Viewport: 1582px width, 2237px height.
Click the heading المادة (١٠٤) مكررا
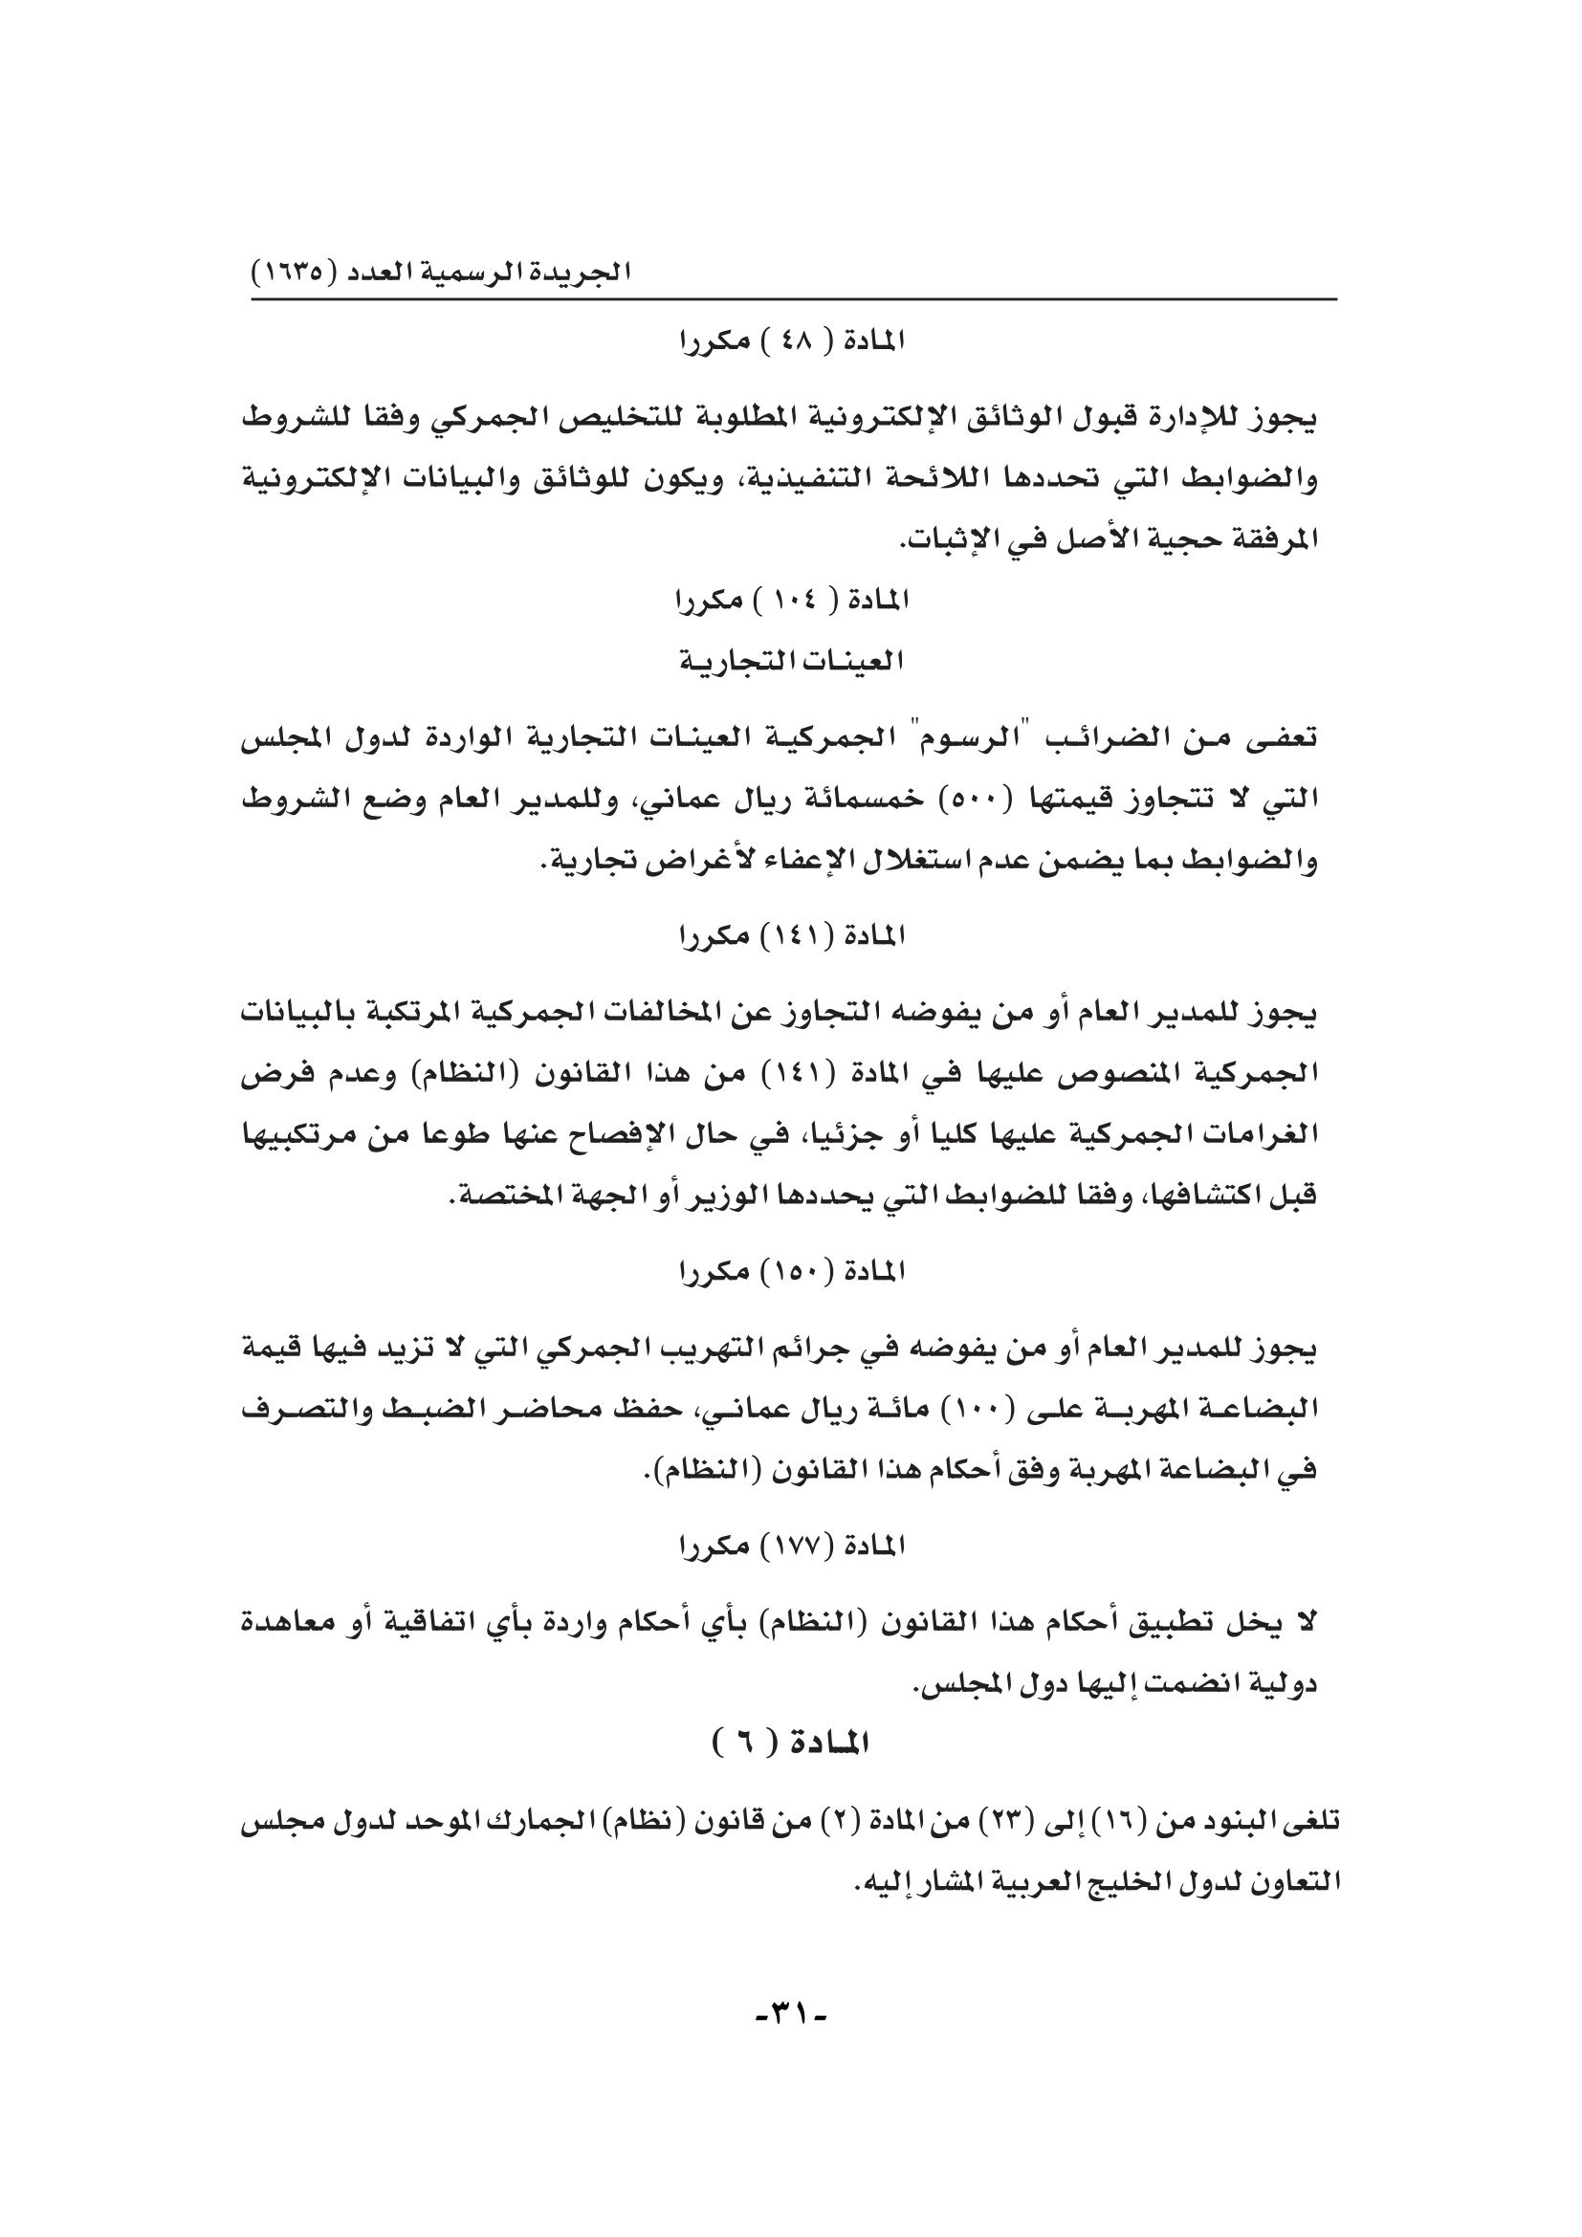(x=790, y=602)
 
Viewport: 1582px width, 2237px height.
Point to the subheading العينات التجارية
(x=790, y=662)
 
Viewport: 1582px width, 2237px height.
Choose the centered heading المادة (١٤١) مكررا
(x=790, y=936)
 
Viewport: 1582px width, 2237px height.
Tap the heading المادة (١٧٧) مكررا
(x=790, y=1546)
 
